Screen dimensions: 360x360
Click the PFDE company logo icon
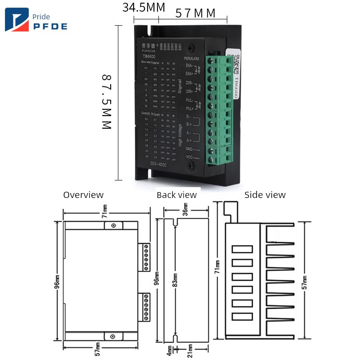tap(17, 20)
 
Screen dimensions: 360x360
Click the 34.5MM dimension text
tap(144, 8)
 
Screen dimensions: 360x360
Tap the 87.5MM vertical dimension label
tap(106, 102)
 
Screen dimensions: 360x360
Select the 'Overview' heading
tap(83, 195)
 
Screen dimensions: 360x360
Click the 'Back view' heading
tap(176, 195)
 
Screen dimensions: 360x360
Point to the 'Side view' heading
tap(265, 195)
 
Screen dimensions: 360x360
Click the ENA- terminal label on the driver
tap(189, 65)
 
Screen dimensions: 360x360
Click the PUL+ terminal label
tap(189, 108)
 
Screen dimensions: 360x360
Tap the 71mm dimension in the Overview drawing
tap(104, 210)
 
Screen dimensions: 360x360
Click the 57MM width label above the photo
tap(195, 13)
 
